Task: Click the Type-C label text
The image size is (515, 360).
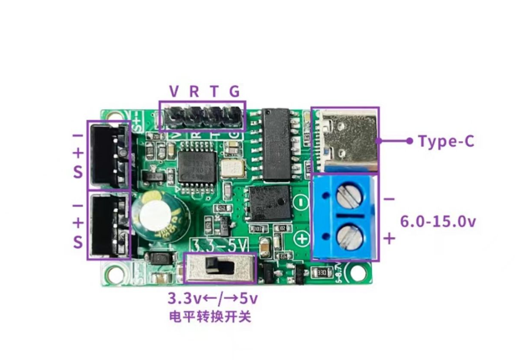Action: click(446, 141)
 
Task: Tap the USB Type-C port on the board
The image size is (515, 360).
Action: click(345, 140)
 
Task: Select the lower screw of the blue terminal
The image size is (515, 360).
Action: click(348, 238)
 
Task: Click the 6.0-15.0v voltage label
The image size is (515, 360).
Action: click(438, 222)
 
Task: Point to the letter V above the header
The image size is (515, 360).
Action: click(174, 91)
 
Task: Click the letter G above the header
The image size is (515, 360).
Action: click(234, 91)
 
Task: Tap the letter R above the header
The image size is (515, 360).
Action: click(194, 91)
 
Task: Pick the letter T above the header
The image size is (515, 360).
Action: click(214, 91)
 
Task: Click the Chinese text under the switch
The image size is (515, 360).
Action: click(210, 316)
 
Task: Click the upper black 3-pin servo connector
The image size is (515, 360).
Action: click(108, 156)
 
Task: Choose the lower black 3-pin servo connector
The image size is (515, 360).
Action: click(108, 225)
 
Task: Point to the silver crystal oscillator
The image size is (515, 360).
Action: click(232, 168)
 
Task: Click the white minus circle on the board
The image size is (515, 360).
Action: click(301, 201)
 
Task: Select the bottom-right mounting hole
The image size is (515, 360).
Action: click(357, 273)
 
